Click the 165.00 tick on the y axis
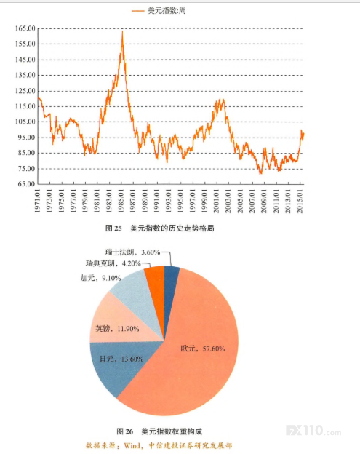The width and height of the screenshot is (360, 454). pyautogui.click(x=25, y=28)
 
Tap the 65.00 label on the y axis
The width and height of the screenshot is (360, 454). pyautogui.click(x=27, y=184)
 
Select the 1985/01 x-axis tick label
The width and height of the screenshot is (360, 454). pyautogui.click(x=121, y=202)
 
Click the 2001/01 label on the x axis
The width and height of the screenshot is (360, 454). pyautogui.click(x=217, y=202)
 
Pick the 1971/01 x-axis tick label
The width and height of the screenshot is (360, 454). pyautogui.click(x=37, y=202)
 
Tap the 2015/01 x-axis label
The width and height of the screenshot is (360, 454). pyautogui.click(x=300, y=202)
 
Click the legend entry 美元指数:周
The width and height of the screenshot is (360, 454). pyautogui.click(x=159, y=11)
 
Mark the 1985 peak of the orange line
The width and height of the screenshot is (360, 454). pyautogui.click(x=122, y=31)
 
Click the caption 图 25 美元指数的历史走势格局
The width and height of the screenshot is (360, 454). pyautogui.click(x=160, y=228)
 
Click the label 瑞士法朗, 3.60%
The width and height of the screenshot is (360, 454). pyautogui.click(x=132, y=252)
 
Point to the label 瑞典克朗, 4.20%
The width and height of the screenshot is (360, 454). pyautogui.click(x=113, y=263)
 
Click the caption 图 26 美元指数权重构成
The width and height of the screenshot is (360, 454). pyautogui.click(x=159, y=431)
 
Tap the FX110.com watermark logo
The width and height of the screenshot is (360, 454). pyautogui.click(x=313, y=431)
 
